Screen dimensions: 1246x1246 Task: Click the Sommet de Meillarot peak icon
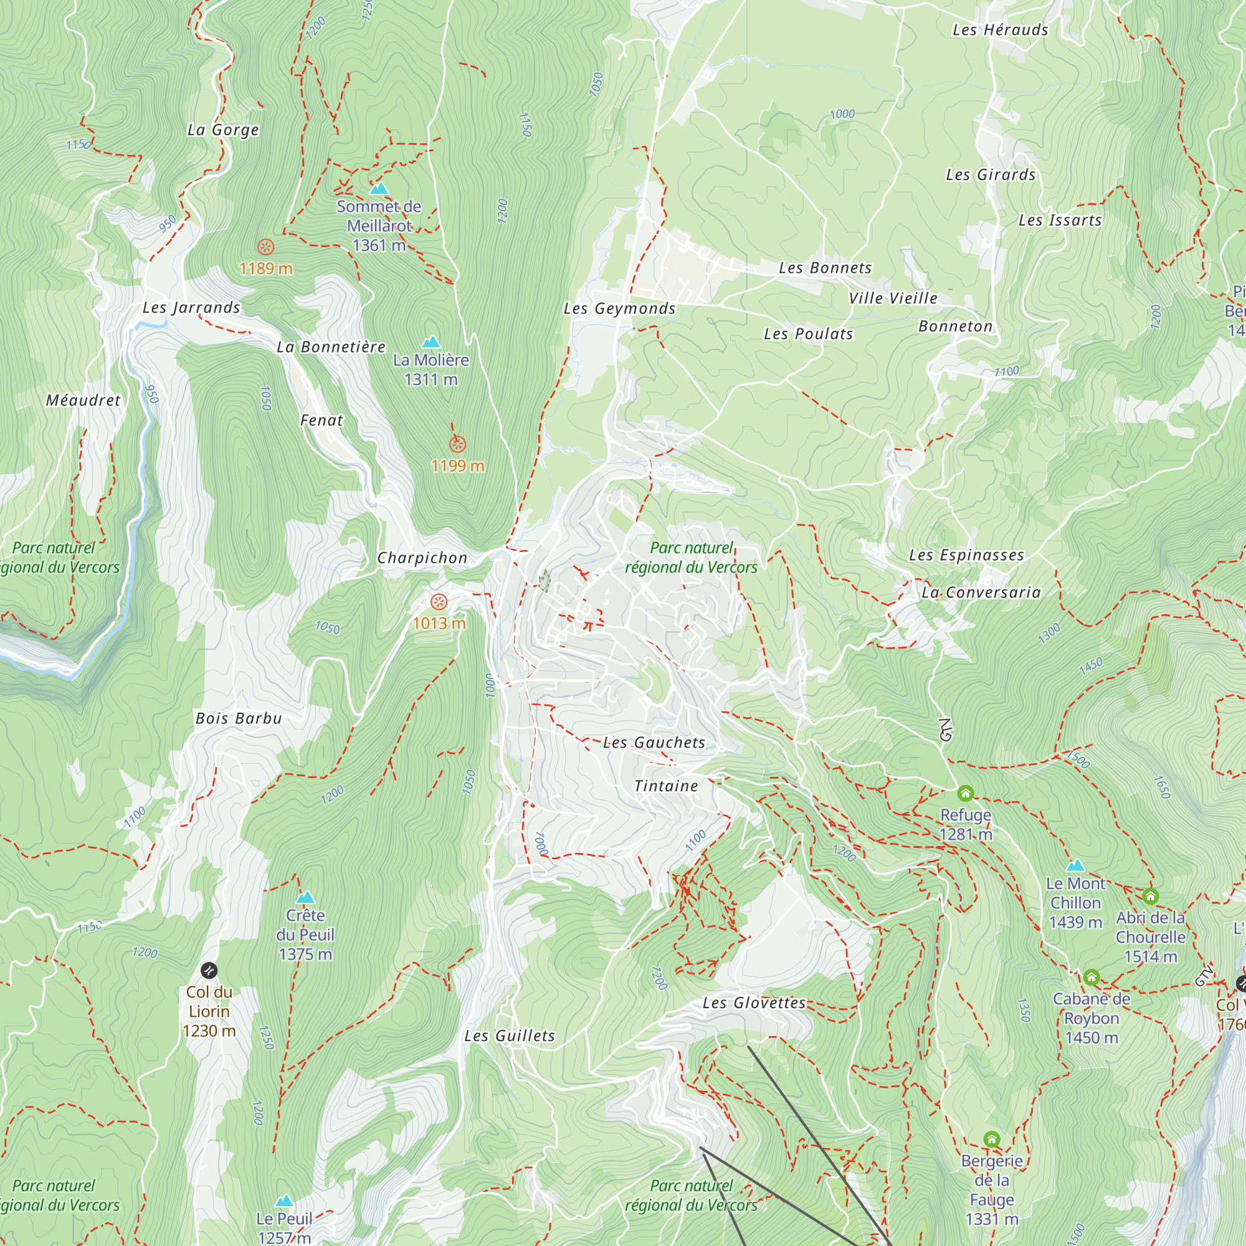coord(379,188)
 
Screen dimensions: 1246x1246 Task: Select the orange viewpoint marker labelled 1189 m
coord(266,247)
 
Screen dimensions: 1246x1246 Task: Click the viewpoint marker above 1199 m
coord(457,444)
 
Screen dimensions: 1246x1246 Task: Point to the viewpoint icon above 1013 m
coord(439,602)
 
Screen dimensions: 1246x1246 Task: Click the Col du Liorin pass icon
coord(209,970)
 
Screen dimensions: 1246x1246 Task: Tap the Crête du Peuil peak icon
coord(305,897)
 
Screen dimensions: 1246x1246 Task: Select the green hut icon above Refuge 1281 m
coord(965,792)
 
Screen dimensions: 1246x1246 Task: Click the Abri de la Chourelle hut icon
coord(1151,896)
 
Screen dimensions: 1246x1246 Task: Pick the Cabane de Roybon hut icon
coord(1091,977)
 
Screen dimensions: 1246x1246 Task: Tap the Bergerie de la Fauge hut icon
coord(992,1139)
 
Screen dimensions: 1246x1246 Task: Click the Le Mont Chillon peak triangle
coord(1075,865)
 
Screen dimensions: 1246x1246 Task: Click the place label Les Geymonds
coord(619,309)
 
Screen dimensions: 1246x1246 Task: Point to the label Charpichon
coord(422,558)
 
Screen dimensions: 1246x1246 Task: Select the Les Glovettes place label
coord(754,1003)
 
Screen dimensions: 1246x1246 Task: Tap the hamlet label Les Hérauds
coord(1001,30)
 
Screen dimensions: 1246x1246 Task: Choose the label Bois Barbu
coord(239,718)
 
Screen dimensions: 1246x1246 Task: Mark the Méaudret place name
coord(83,401)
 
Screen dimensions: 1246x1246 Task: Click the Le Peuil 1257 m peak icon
coord(283,1201)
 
